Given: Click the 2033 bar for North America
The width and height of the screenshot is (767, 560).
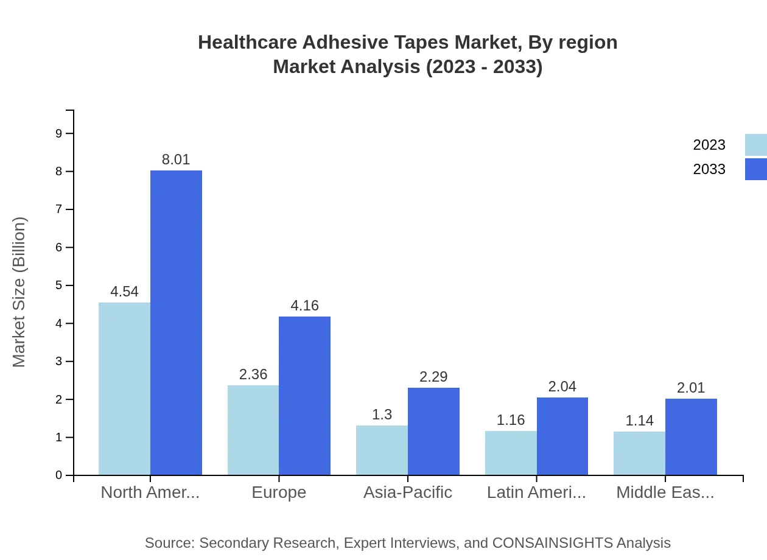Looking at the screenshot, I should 176,323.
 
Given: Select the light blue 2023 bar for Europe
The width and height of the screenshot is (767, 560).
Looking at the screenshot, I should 253,430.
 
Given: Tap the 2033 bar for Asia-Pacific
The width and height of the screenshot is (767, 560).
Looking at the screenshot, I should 433,431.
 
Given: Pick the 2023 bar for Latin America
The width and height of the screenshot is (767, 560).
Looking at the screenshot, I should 511,453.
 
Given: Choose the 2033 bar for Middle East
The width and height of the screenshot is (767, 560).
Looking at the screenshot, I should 691,436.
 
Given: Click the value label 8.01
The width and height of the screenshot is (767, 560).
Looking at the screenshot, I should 176,159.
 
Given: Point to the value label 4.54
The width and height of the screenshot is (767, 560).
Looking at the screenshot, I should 124,292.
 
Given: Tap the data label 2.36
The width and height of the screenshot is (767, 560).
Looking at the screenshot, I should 253,374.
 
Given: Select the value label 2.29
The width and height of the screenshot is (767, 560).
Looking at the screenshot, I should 433,377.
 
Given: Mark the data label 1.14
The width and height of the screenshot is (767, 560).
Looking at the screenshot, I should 639,421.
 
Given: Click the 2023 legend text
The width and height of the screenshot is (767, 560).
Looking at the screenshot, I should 709,145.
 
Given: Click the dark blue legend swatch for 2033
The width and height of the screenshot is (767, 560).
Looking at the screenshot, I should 755,169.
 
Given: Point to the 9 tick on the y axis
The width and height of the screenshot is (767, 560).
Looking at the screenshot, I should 59,133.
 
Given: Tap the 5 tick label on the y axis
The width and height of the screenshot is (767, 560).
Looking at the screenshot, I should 59,285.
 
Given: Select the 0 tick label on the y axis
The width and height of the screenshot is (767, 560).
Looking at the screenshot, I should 59,475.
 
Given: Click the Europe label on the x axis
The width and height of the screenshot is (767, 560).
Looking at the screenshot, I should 279,492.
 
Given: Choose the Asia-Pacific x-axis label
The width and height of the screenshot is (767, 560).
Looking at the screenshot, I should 408,492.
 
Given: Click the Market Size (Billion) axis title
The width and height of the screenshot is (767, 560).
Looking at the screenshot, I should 19,292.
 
